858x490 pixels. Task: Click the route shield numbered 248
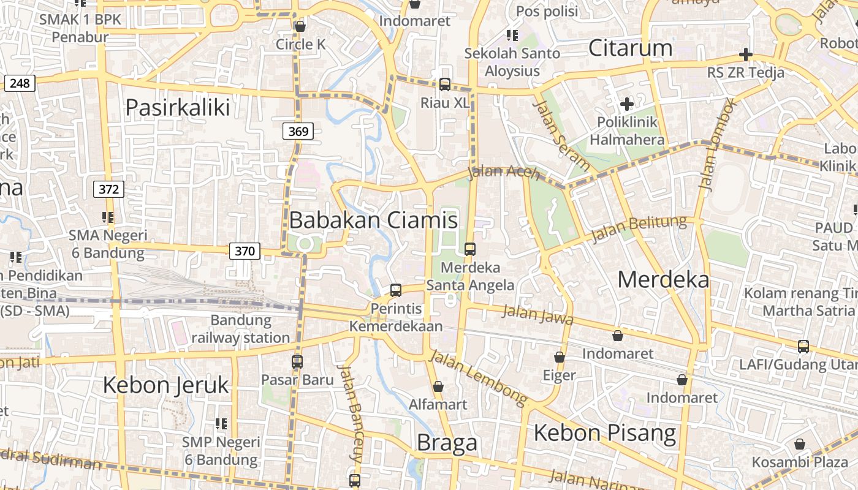click(20, 83)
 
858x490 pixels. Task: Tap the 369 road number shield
click(298, 130)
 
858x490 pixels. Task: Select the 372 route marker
click(108, 189)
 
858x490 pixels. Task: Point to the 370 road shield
click(245, 251)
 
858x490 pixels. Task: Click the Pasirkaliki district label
click(178, 107)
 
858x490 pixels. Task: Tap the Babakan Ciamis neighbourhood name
click(373, 220)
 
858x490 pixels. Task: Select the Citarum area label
click(630, 48)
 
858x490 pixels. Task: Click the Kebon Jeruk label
click(165, 385)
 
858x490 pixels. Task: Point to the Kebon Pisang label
click(605, 432)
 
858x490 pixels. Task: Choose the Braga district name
click(447, 442)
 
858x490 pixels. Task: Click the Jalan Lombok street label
click(716, 143)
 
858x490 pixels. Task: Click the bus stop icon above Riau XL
click(445, 85)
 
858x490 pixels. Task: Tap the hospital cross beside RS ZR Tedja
click(745, 55)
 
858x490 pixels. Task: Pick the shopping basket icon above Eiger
click(559, 357)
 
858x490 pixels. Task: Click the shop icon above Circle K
click(300, 26)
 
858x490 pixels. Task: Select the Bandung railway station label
click(241, 329)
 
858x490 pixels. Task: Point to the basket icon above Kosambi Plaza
click(800, 444)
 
